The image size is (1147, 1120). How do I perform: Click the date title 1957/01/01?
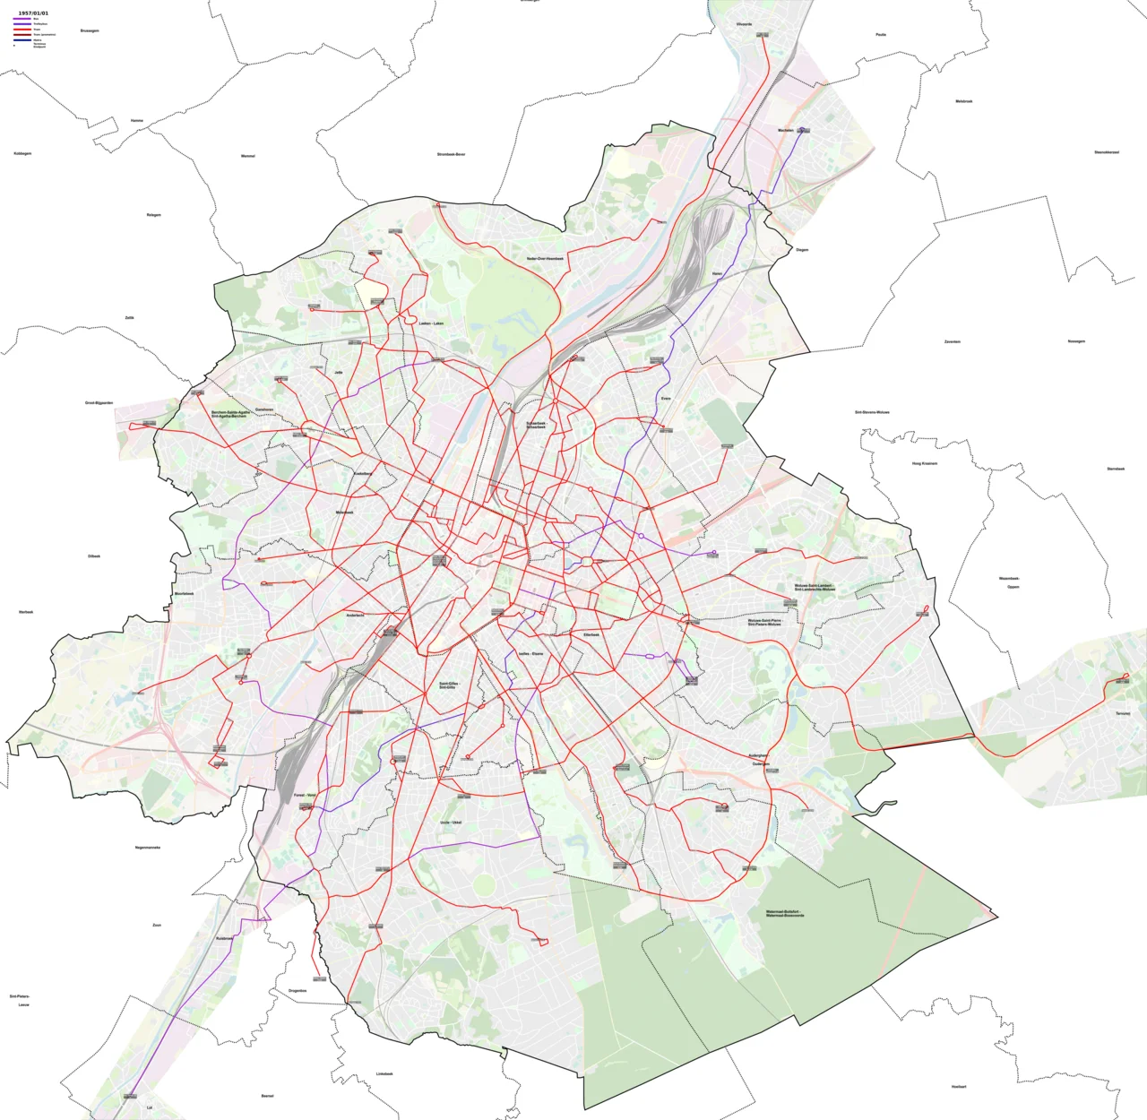[x=33, y=13]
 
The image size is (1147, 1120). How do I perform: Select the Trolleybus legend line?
[x=22, y=24]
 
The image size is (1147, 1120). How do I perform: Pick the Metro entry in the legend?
[x=22, y=40]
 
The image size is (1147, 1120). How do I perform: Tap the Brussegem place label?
[x=90, y=30]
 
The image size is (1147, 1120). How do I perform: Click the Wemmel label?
[x=248, y=156]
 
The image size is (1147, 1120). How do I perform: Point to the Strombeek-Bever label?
[x=451, y=154]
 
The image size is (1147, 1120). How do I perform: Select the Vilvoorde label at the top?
[x=744, y=24]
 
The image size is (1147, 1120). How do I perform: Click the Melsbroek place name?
[x=963, y=101]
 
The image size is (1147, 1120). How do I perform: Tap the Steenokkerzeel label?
[x=1106, y=152]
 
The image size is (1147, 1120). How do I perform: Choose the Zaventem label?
[x=952, y=341]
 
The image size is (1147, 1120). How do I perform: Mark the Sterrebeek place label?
[x=1115, y=469]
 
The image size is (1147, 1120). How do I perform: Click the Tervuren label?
[x=1122, y=713]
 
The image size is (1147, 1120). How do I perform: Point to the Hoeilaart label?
[x=959, y=1086]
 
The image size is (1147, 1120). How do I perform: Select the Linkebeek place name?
[x=384, y=1073]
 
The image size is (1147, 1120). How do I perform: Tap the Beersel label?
[x=267, y=1096]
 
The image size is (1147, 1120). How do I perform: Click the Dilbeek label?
[x=94, y=556]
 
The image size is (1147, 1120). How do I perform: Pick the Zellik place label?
[x=130, y=317]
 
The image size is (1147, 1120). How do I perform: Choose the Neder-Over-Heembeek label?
[x=545, y=258]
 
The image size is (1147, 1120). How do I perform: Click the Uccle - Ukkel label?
[x=451, y=822]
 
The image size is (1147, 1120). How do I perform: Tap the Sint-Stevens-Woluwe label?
[x=872, y=412]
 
